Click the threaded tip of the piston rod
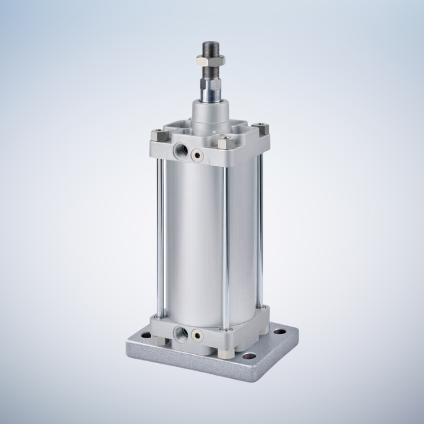[209, 48]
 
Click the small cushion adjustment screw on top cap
[198, 153]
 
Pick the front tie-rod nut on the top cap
[222, 143]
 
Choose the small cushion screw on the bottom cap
[198, 334]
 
